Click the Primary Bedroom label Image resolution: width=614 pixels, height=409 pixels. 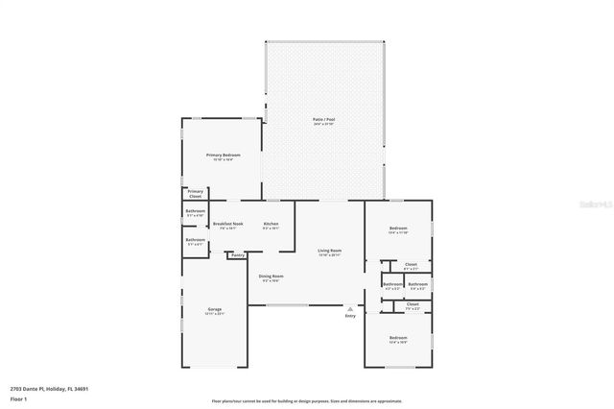pos(223,155)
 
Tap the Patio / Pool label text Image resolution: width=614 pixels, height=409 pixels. pos(324,120)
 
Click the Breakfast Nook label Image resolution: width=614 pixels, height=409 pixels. pos(228,224)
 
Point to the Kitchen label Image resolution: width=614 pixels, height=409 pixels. pos(272,224)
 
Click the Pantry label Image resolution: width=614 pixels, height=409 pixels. pos(237,255)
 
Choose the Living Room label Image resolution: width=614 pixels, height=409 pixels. pos(330,251)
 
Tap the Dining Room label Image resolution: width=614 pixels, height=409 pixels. pos(270,277)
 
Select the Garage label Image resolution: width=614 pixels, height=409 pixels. pos(215,309)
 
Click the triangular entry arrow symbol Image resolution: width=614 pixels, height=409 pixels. pos(350,308)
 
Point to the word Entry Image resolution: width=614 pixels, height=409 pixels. pos(350,316)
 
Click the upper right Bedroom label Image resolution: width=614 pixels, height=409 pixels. pos(398,229)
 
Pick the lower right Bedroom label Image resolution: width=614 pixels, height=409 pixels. pos(398,337)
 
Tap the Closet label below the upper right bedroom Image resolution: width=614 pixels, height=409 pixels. pos(411,264)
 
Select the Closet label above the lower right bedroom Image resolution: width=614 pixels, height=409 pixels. pos(413,304)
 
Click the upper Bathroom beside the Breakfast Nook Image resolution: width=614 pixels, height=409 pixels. pos(196,211)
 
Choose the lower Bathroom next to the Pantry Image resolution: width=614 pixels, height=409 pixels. pos(196,240)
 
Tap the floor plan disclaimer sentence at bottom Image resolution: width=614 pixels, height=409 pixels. pos(307,401)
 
